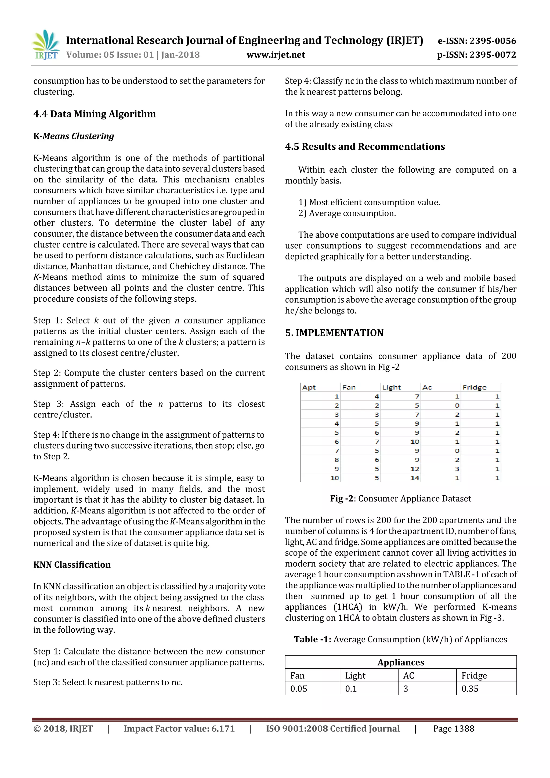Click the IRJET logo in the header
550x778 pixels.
[x=46, y=45]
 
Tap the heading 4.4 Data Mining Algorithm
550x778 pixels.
[x=95, y=114]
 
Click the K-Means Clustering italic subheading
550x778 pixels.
[x=74, y=136]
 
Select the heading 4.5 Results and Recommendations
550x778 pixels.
[x=365, y=146]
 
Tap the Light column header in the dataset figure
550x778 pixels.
[x=391, y=387]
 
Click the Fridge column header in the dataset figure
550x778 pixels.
[x=474, y=387]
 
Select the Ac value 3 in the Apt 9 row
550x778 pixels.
[x=457, y=469]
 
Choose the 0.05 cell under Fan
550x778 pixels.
[x=298, y=689]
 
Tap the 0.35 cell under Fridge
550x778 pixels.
[x=470, y=689]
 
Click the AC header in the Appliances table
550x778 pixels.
[x=408, y=676]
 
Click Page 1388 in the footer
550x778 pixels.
[x=454, y=729]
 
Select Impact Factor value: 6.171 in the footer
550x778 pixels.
[x=179, y=729]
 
